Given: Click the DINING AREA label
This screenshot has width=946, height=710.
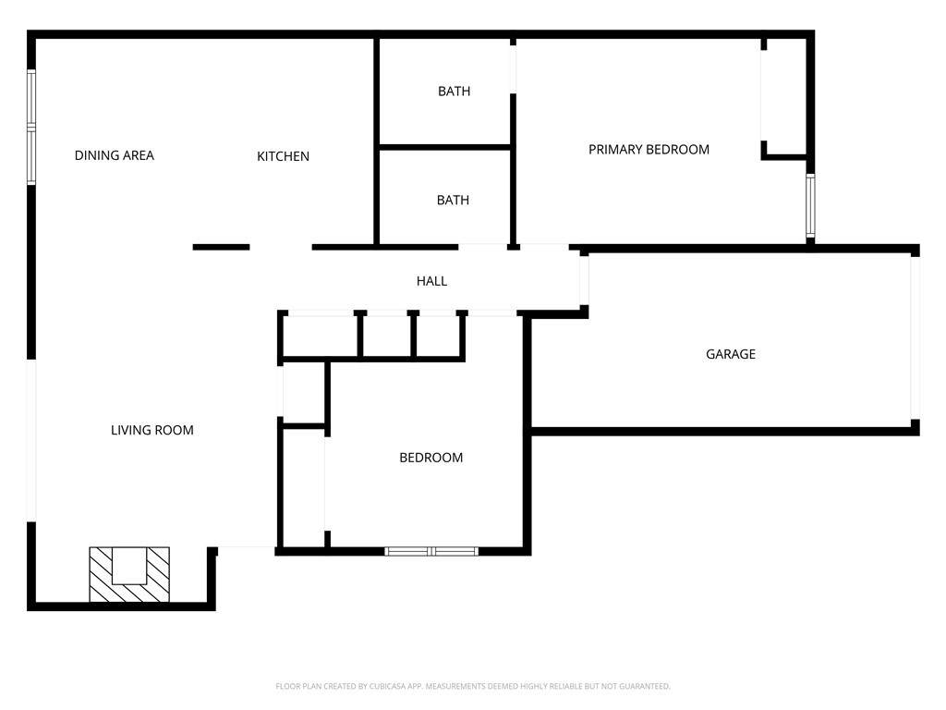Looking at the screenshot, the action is coord(114,155).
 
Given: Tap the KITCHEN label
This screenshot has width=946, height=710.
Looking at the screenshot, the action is coord(283,156).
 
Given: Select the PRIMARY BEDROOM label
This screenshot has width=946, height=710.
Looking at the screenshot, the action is coord(649,150).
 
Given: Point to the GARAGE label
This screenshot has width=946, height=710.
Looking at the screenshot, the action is coord(731,354).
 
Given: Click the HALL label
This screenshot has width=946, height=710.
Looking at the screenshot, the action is coord(431,281).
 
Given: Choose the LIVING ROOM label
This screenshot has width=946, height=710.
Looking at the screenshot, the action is coord(152,431).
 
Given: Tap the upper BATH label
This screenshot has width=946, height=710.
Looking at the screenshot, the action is coord(454,92).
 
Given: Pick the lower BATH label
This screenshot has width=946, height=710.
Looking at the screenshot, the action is coord(453,201).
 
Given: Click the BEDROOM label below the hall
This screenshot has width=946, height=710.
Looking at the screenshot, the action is coord(431,458).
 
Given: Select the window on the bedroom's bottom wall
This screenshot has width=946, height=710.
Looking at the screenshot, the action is coord(431,551).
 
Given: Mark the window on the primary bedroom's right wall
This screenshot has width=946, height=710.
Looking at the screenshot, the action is coord(810,206).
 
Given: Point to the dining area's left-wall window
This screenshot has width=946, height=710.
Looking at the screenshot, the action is coord(30,126).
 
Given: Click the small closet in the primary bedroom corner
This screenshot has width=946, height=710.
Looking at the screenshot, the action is coord(784,96).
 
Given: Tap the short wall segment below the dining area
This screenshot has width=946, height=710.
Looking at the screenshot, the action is coord(221,247).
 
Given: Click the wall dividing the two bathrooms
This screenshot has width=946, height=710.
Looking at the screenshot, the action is coord(444,147).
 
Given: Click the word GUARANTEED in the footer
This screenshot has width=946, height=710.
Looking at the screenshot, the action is coord(646,687).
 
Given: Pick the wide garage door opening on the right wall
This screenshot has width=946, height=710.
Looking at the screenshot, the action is coord(916,338).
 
